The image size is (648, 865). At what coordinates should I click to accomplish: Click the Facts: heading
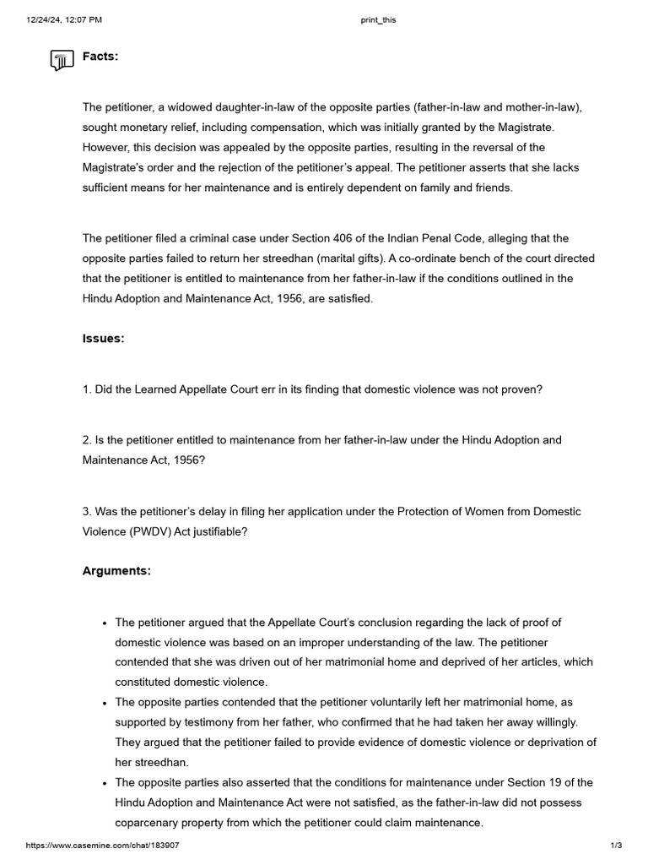coord(100,57)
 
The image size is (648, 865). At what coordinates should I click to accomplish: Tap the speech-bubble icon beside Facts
coord(61,60)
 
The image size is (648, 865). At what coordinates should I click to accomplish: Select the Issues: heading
coord(103,339)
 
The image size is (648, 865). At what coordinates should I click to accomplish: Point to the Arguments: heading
coord(116,571)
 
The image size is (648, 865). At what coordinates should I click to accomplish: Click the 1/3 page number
coord(616,846)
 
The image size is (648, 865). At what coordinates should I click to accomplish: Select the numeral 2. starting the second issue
coord(87,440)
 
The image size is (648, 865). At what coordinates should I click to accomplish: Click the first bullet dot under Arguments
coord(104,623)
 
